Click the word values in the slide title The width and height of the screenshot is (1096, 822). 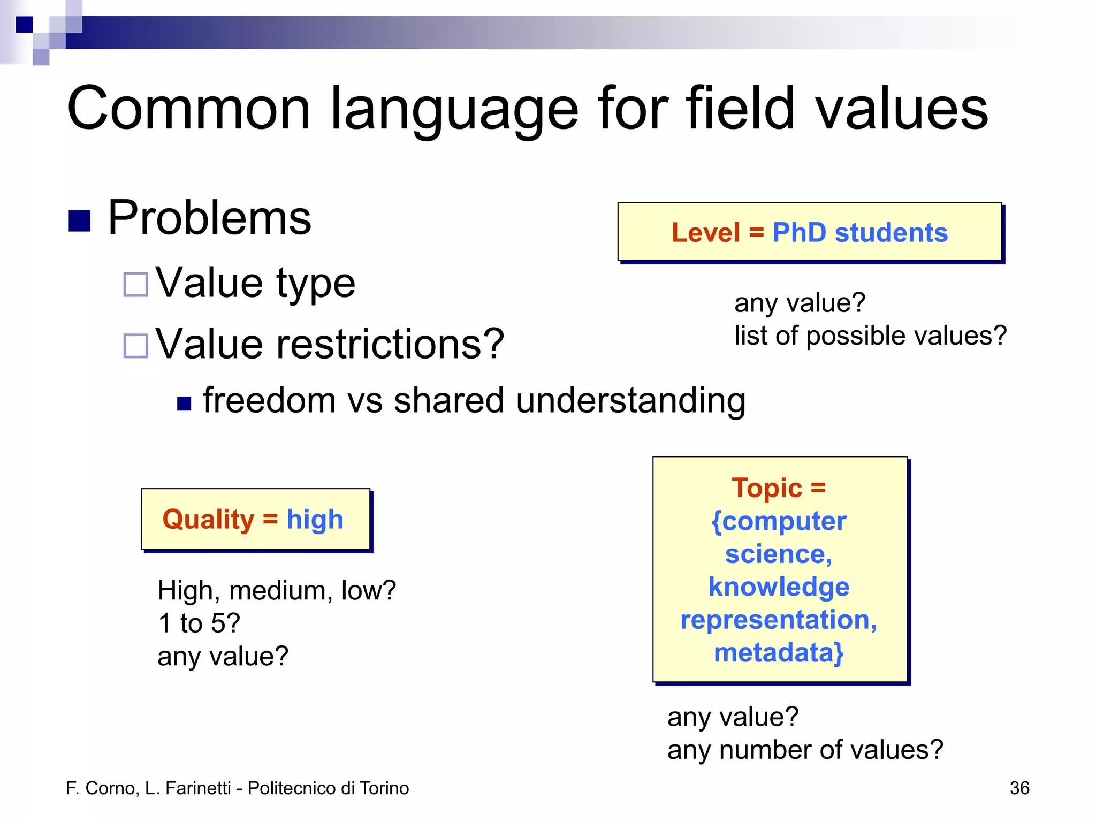901,109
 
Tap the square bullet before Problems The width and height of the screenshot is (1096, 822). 79,220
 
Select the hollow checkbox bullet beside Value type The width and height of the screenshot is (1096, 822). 135,284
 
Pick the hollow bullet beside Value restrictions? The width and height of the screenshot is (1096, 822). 135,346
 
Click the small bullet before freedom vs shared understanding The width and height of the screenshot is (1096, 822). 184,404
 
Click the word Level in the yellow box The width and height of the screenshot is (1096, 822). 705,233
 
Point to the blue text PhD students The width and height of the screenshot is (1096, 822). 859,233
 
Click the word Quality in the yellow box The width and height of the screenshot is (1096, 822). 208,520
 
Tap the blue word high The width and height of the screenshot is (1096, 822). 315,520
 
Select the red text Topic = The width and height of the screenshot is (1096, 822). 779,488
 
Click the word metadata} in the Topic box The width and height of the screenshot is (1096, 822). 779,653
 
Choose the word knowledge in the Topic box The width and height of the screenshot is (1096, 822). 779,587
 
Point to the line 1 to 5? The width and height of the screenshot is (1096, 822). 199,623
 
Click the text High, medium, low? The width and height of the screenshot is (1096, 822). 277,591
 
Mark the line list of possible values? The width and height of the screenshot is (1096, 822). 870,336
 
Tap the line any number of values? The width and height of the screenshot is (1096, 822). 805,750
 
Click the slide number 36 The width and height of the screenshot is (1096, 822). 1019,788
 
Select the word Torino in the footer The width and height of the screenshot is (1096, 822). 384,788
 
